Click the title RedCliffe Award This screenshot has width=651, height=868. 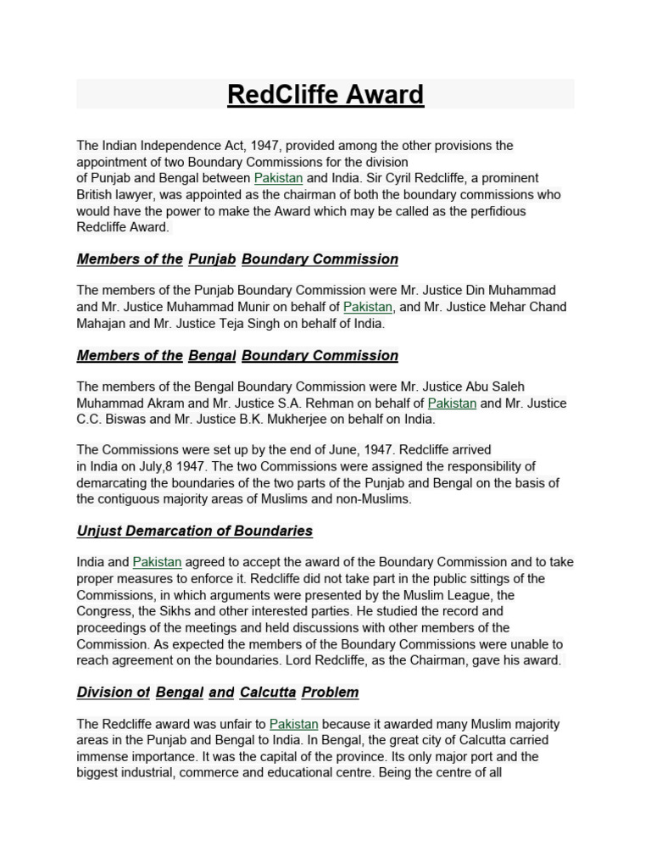pyautogui.click(x=325, y=94)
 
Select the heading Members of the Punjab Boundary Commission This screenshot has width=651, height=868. pyautogui.click(x=237, y=259)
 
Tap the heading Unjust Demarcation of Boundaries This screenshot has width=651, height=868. pyautogui.click(x=194, y=531)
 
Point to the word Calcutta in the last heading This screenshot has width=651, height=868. pyautogui.click(x=267, y=693)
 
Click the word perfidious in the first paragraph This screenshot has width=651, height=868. pyautogui.click(x=492, y=211)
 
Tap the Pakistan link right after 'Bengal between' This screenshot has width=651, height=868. pyautogui.click(x=278, y=178)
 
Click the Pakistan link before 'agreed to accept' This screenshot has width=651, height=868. pyautogui.click(x=157, y=562)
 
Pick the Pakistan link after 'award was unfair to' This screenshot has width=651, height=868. pyautogui.click(x=293, y=725)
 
